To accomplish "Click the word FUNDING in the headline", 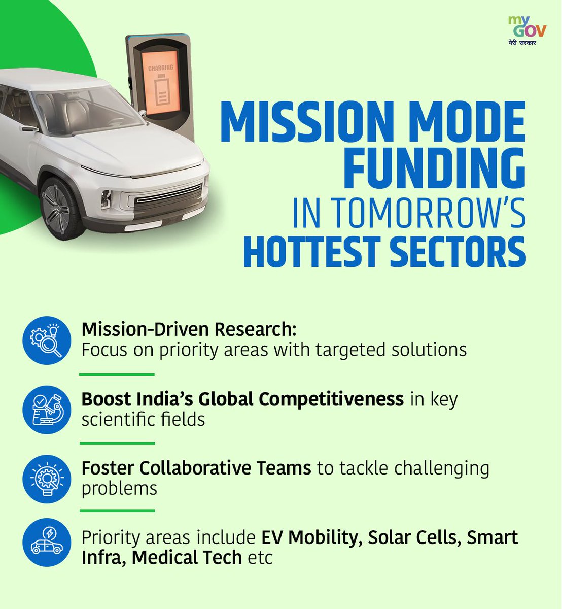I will (x=434, y=167).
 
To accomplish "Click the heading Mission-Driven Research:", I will (x=189, y=329).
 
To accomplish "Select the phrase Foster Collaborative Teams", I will (x=196, y=468).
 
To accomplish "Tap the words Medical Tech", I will (x=187, y=558).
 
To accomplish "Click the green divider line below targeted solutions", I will (x=117, y=374).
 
